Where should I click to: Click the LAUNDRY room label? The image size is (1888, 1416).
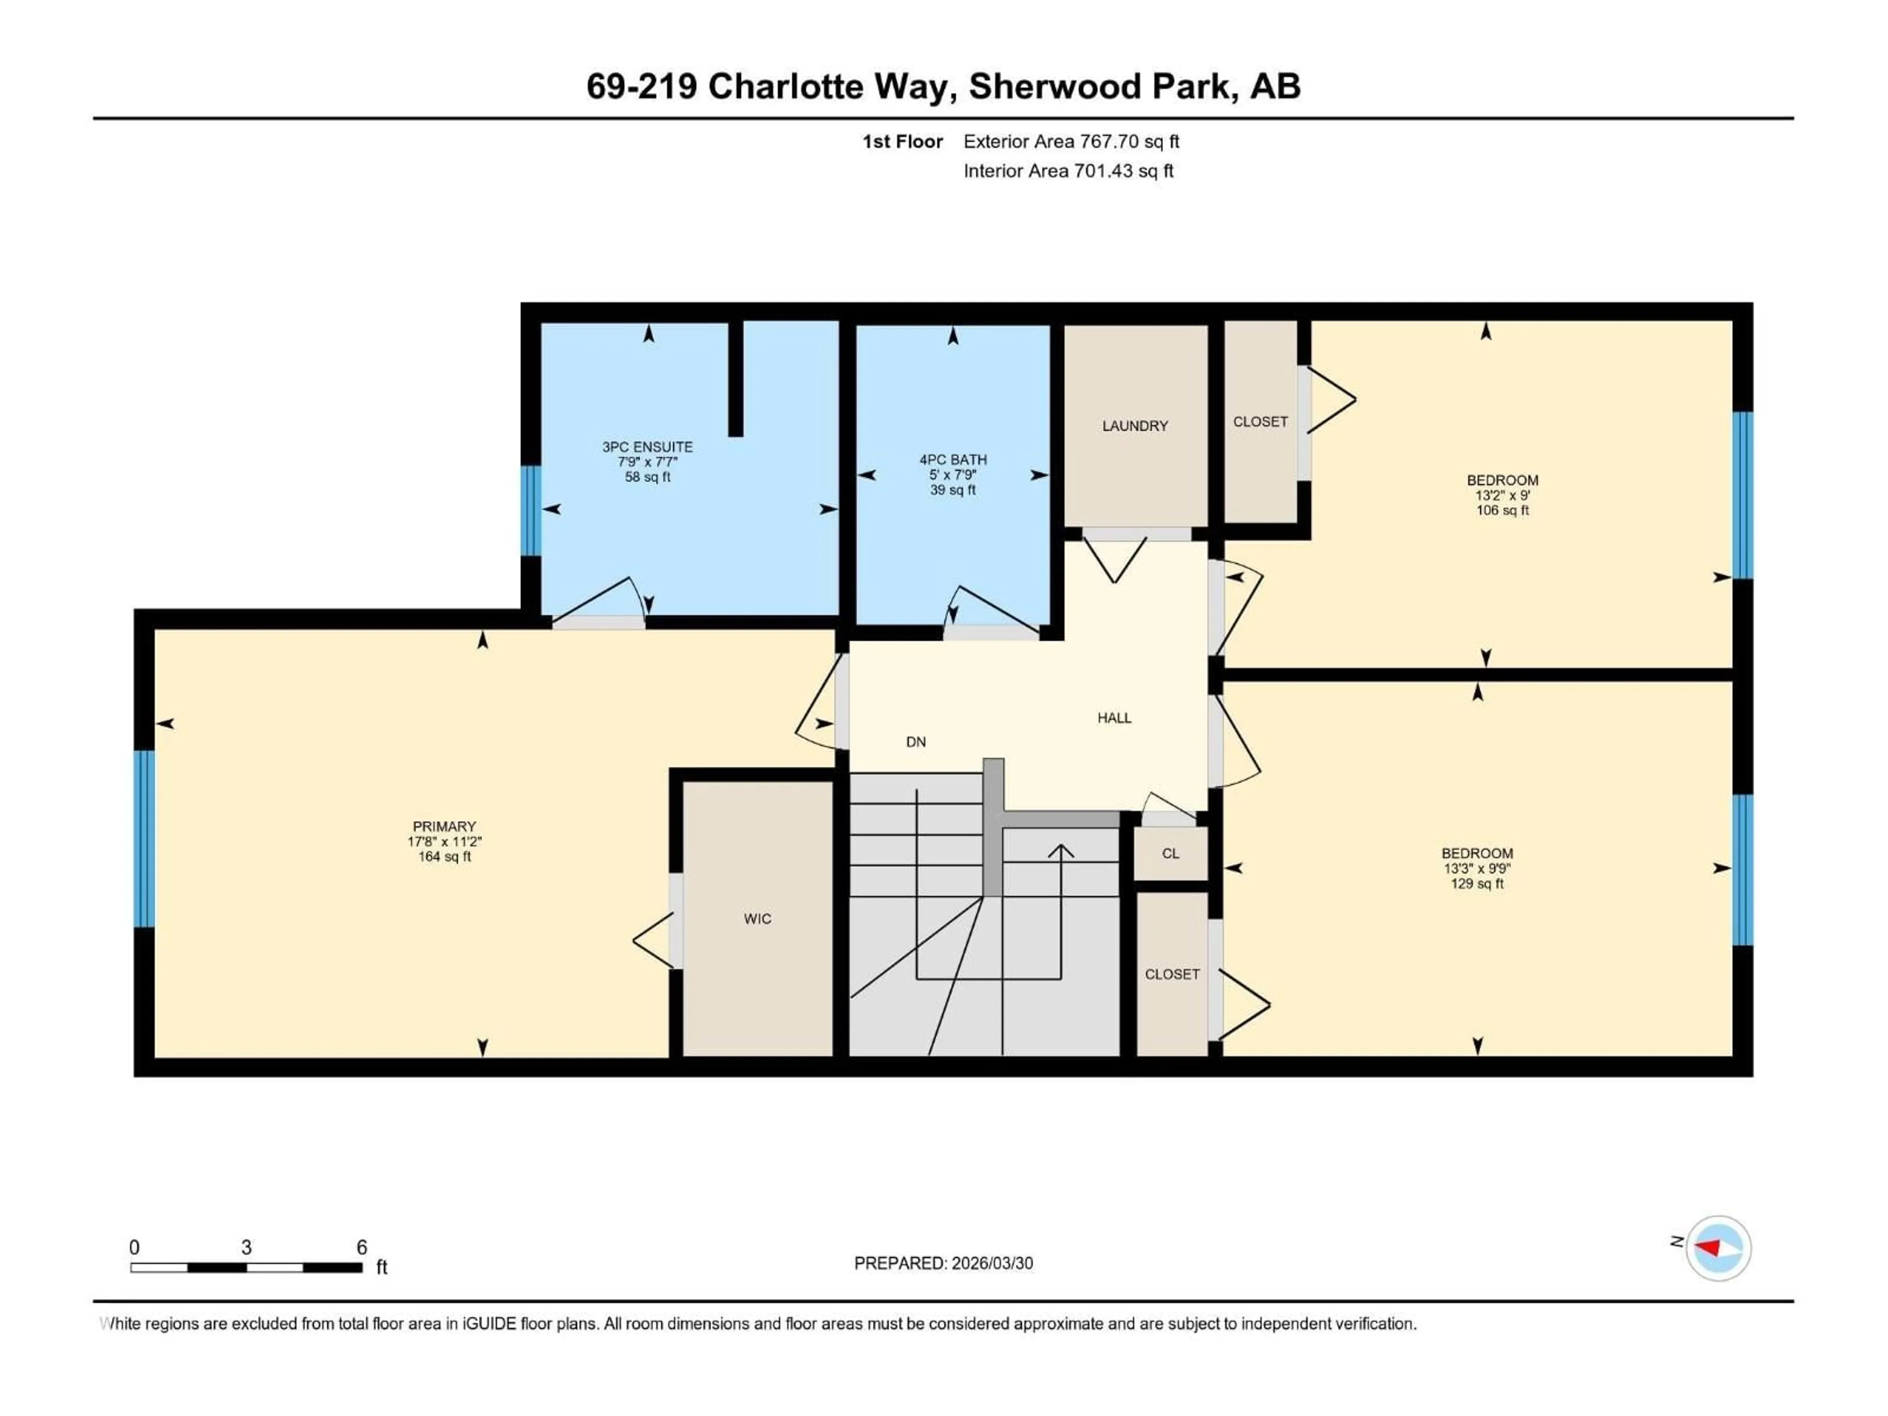pyautogui.click(x=1134, y=426)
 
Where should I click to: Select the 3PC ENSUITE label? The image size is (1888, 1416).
pyautogui.click(x=647, y=446)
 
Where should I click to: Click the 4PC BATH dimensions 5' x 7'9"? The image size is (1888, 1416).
pyautogui.click(x=952, y=474)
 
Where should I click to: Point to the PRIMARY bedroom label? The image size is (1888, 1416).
pyautogui.click(x=444, y=826)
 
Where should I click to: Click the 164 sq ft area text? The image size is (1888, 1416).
pyautogui.click(x=444, y=857)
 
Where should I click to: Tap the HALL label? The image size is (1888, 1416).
pyautogui.click(x=1114, y=718)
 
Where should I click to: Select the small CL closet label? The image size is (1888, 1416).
pyautogui.click(x=1170, y=854)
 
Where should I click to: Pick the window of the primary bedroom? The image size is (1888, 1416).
pyautogui.click(x=144, y=838)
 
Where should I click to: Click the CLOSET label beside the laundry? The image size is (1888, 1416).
pyautogui.click(x=1260, y=422)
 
